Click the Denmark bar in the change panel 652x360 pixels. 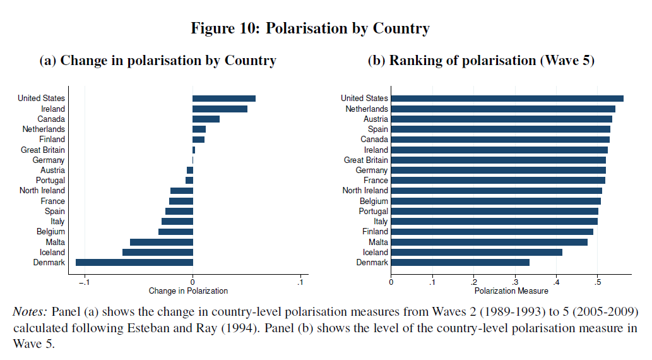click(134, 263)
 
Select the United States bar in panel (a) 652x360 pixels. click(224, 99)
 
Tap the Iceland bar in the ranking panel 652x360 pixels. click(477, 252)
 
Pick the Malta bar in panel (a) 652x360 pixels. click(162, 242)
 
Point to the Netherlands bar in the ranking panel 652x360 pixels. click(503, 109)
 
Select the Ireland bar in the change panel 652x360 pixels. click(220, 109)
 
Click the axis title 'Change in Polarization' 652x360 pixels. click(188, 291)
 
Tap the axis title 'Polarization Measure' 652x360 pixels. click(511, 291)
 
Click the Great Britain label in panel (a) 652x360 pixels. click(43, 150)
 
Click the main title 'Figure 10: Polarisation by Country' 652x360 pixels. click(310, 28)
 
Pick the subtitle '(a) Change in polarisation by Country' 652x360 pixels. click(158, 61)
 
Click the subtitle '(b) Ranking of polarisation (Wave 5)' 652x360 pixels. click(481, 61)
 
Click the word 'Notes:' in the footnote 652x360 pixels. click(30, 312)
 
